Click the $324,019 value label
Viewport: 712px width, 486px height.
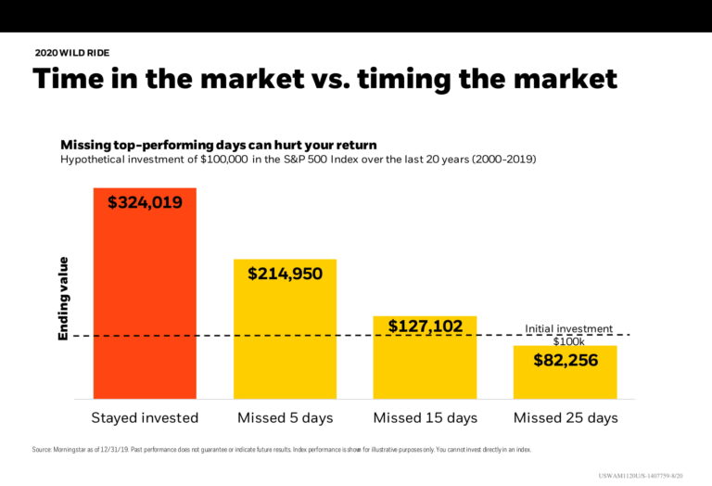pyautogui.click(x=145, y=202)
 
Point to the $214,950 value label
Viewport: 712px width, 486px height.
pyautogui.click(x=285, y=274)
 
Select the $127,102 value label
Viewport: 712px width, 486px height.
pyautogui.click(x=425, y=326)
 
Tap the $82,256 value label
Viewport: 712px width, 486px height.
pyautogui.click(x=565, y=361)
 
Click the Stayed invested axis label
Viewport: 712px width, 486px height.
pyautogui.click(x=145, y=418)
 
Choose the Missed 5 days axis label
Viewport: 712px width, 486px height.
pyautogui.click(x=285, y=418)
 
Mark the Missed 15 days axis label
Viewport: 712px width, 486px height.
pyautogui.click(x=425, y=418)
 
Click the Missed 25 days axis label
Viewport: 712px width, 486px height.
pyautogui.click(x=565, y=418)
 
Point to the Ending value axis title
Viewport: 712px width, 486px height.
pyautogui.click(x=64, y=298)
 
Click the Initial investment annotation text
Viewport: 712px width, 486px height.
pyautogui.click(x=568, y=328)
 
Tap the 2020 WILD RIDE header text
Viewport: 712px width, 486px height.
pyautogui.click(x=72, y=53)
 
